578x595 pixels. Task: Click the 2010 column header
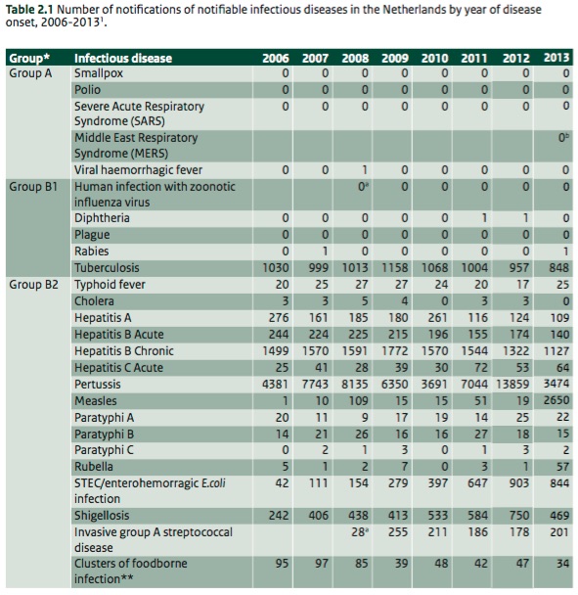point(434,58)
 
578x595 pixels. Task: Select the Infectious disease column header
point(123,58)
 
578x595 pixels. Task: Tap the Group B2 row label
point(34,284)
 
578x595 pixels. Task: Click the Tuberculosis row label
point(107,268)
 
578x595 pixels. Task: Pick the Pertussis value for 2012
point(512,384)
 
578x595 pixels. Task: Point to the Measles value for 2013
point(556,400)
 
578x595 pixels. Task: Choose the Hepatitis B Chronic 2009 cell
point(395,351)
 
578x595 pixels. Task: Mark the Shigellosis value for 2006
point(279,516)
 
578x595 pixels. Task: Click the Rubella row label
point(94,467)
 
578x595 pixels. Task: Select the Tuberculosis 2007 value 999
point(319,268)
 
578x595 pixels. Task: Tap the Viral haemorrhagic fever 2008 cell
point(365,169)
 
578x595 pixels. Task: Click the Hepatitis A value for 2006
point(279,318)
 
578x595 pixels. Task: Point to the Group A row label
point(30,73)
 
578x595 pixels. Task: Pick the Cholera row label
point(94,300)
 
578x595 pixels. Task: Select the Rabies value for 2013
point(565,252)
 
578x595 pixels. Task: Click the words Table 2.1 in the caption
point(29,10)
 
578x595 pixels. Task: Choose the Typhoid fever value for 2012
point(522,284)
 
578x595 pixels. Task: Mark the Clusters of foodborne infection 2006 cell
point(282,564)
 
